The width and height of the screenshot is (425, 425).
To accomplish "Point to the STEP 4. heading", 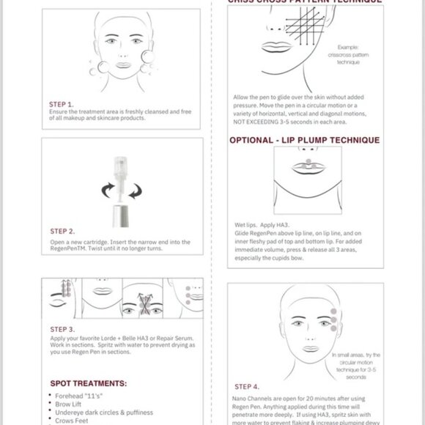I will pos(247,385).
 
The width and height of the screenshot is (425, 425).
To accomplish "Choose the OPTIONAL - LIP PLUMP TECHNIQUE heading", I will pos(304,140).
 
